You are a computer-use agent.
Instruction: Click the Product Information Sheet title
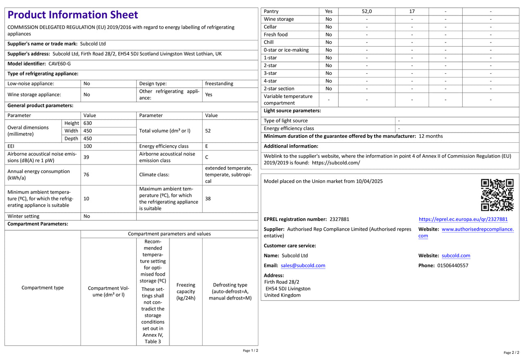tap(73, 15)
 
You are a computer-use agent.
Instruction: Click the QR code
tap(497, 195)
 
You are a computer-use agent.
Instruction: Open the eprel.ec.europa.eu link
tap(463, 219)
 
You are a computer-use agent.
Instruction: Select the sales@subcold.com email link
tap(303, 265)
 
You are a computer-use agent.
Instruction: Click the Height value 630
tap(88, 123)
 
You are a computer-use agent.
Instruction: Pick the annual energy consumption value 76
tap(86, 175)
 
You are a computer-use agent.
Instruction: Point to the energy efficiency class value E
tap(207, 146)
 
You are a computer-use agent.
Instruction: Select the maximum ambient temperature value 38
tap(208, 198)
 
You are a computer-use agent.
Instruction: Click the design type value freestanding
tap(219, 83)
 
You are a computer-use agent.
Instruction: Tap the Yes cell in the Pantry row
tap(329, 11)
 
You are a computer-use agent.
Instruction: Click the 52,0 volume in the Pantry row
tap(367, 11)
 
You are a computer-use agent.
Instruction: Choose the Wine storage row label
tap(279, 19)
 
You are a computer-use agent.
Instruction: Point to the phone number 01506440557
tap(453, 265)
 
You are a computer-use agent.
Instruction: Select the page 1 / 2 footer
tap(251, 351)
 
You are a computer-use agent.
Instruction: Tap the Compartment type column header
tap(43, 288)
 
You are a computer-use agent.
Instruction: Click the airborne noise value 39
tap(86, 157)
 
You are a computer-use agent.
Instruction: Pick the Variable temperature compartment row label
tap(288, 99)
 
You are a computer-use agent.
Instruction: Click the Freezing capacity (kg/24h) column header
tap(186, 291)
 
